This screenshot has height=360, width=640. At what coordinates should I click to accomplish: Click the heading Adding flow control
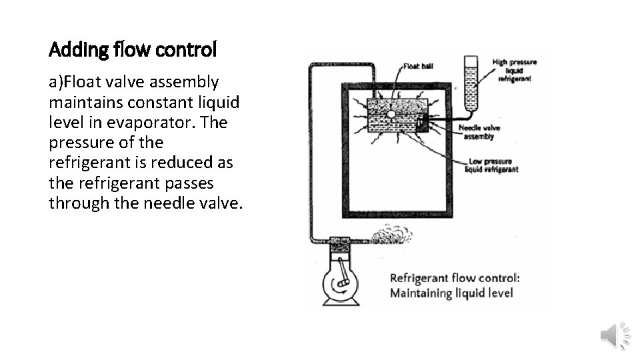click(x=133, y=49)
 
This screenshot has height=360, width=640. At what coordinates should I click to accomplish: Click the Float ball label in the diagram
click(x=419, y=67)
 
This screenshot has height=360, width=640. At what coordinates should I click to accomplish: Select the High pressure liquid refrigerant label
click(x=513, y=70)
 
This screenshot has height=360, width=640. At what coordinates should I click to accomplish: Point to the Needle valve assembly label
click(x=479, y=132)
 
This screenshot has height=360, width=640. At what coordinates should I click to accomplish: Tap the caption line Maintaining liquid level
click(x=451, y=293)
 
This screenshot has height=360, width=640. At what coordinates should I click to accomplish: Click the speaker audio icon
click(x=614, y=335)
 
